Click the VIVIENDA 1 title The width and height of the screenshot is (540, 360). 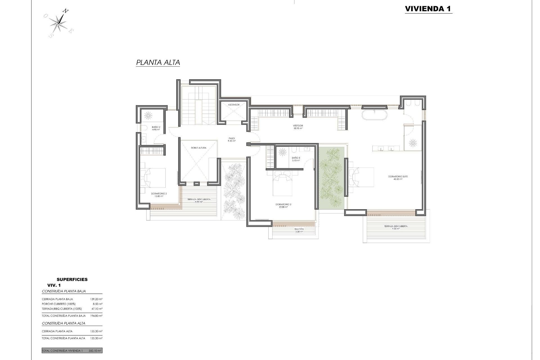coord(428,9)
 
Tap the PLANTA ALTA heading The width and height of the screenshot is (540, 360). coord(158,62)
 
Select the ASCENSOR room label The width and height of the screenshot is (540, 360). coord(234,105)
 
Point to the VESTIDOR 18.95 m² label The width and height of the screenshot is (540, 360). coord(298,127)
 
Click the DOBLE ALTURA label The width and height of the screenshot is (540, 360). coord(199,148)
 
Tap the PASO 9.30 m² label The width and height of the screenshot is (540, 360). coord(232,139)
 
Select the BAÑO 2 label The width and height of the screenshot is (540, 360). coord(156,128)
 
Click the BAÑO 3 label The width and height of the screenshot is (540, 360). coord(296,159)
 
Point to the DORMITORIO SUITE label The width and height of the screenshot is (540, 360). coord(398,178)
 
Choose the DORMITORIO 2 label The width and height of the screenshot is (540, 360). coord(159,195)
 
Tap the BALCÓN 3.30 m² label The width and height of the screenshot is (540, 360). coord(299,230)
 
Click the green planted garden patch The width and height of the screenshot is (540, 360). coord(332,178)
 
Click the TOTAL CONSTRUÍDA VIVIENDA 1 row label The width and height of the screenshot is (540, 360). coord(62,351)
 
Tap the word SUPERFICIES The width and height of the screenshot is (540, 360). coord(72,279)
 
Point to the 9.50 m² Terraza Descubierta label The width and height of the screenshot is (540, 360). coord(396,227)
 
